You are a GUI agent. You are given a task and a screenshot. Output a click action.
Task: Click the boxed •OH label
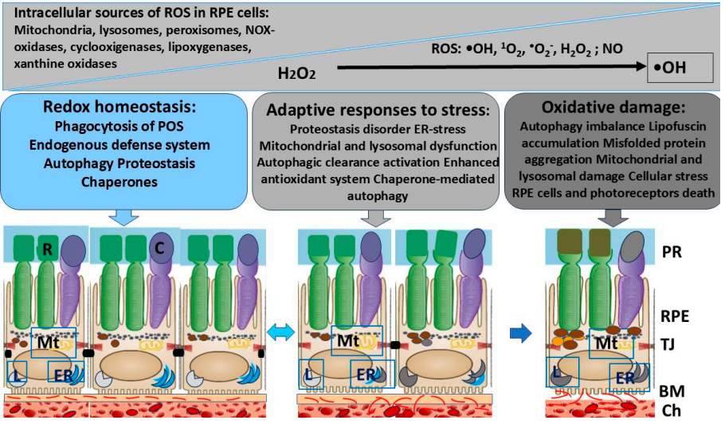669,68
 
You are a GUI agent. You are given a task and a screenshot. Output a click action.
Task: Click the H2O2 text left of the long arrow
296,73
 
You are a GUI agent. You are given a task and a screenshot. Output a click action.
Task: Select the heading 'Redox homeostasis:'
120,107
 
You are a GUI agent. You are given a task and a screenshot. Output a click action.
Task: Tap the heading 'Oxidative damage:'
613,108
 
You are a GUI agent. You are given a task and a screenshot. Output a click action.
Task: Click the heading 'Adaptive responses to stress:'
378,110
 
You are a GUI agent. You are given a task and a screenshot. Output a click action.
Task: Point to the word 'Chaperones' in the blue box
120,183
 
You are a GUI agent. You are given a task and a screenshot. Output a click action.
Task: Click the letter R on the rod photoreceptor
47,249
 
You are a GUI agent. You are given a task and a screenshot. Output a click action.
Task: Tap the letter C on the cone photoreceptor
159,249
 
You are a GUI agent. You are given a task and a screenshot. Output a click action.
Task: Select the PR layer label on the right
672,252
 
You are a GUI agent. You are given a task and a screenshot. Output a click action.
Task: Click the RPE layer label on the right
675,316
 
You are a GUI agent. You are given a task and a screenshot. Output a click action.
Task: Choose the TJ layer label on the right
668,344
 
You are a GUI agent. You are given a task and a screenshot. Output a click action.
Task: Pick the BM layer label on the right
672,391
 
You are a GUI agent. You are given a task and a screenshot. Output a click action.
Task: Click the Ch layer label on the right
671,410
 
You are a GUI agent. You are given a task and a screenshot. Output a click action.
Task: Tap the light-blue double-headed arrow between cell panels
281,332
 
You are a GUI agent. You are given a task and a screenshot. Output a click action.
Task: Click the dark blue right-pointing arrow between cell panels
520,333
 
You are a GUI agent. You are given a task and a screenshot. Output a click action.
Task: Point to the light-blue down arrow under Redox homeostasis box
123,217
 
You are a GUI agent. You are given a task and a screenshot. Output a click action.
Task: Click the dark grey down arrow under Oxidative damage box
613,218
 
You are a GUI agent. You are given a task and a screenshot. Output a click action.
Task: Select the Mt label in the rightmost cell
606,343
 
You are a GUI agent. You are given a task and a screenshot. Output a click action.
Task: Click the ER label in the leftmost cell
64,375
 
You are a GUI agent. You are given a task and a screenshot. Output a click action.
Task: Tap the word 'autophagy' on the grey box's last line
378,197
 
